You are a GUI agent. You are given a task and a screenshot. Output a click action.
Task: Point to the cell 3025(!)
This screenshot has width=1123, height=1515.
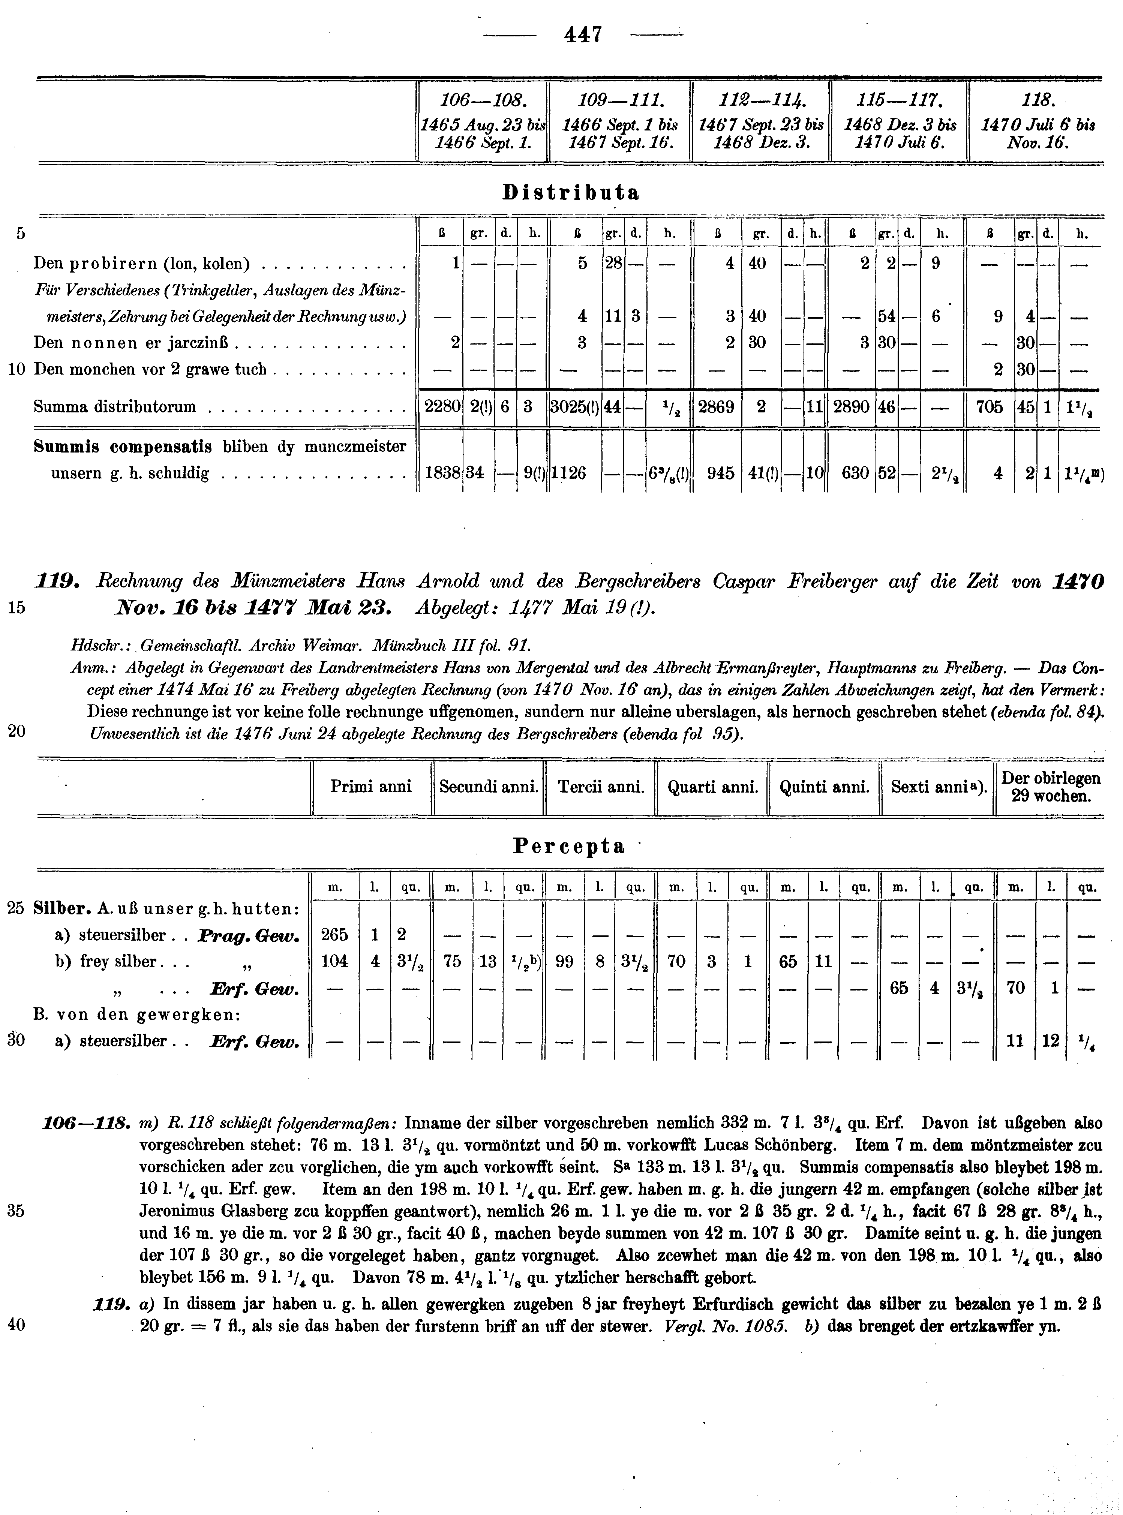point(574,406)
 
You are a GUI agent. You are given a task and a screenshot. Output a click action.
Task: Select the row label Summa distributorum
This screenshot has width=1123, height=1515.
point(114,406)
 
